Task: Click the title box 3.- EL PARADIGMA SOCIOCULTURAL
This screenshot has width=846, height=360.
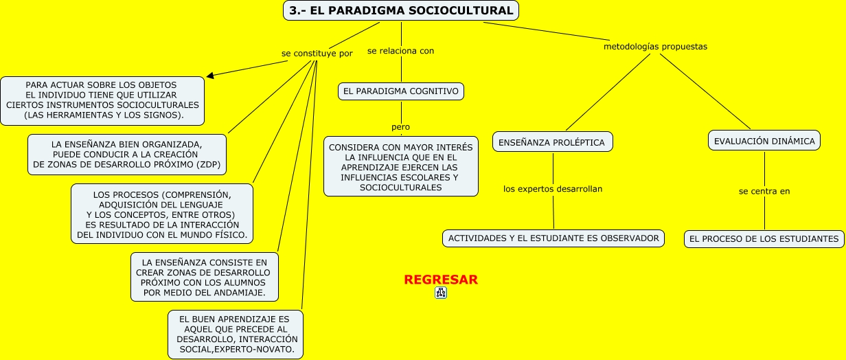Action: [x=401, y=10]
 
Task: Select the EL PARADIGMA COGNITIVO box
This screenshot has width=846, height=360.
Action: [x=400, y=91]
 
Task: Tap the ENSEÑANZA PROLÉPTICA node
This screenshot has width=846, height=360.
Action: [x=552, y=142]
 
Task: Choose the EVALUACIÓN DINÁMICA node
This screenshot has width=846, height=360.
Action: [x=764, y=141]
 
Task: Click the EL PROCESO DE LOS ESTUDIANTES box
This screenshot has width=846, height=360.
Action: [x=764, y=239]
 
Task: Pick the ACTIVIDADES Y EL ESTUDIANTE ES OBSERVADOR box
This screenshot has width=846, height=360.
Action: [x=553, y=238]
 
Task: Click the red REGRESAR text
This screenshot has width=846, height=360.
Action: [x=441, y=280]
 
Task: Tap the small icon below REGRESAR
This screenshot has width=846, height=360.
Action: [x=441, y=293]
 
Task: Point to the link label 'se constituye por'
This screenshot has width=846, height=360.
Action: [x=317, y=53]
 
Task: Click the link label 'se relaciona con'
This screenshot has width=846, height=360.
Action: [x=400, y=51]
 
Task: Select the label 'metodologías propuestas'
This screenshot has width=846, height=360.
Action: [x=655, y=47]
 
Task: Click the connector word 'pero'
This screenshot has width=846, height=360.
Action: [x=400, y=127]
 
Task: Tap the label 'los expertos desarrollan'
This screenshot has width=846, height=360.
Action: [x=553, y=188]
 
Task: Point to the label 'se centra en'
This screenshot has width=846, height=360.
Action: [x=764, y=191]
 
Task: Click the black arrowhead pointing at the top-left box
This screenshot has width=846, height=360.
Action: [x=211, y=75]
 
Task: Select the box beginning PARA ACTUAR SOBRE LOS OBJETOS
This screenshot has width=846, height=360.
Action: [x=102, y=100]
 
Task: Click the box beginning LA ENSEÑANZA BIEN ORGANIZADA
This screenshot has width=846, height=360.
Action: [x=127, y=155]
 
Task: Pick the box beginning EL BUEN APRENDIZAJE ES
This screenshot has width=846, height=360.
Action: [x=236, y=334]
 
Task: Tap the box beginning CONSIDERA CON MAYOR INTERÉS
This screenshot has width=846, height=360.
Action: [x=401, y=167]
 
